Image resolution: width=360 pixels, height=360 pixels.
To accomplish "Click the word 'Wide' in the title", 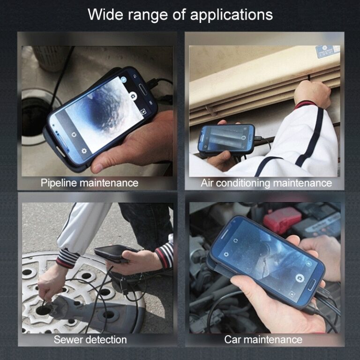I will coord(106,14).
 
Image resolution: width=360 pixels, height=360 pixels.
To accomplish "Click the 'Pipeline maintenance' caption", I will coord(90,182).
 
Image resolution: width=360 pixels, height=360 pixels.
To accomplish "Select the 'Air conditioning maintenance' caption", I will coord(266,183).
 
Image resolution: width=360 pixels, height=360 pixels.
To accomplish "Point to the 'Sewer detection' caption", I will coord(90,339).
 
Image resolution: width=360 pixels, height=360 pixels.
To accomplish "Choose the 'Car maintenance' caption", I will coord(263,339).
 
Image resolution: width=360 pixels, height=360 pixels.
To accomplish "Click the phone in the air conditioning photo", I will coord(226,139).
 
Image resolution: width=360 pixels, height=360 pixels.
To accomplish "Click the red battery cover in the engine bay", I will coord(282,219).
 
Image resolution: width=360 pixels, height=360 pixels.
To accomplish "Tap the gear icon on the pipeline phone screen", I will coord(84,151).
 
